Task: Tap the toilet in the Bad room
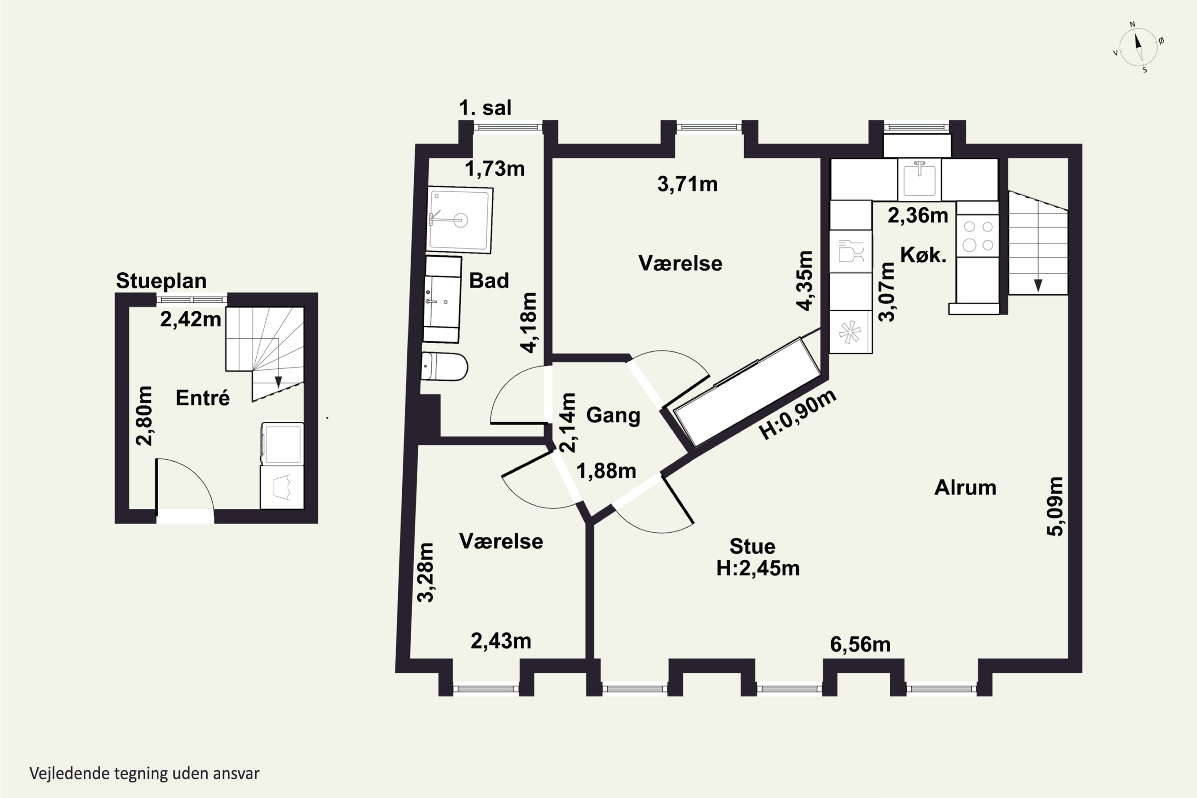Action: (x=444, y=366)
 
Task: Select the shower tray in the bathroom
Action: (x=460, y=220)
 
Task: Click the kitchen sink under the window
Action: (x=919, y=179)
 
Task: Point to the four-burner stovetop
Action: (x=978, y=236)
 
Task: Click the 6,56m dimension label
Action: (x=860, y=644)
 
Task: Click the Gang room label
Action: (x=613, y=415)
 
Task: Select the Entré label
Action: (x=203, y=397)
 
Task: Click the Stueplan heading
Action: (x=161, y=280)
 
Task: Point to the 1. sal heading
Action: (x=485, y=107)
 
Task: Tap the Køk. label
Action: (x=923, y=255)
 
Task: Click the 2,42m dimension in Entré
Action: (x=190, y=319)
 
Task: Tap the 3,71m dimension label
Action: (x=687, y=184)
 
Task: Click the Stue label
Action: (x=752, y=546)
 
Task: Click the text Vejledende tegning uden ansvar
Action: (x=144, y=773)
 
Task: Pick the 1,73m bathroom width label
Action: (x=495, y=168)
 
